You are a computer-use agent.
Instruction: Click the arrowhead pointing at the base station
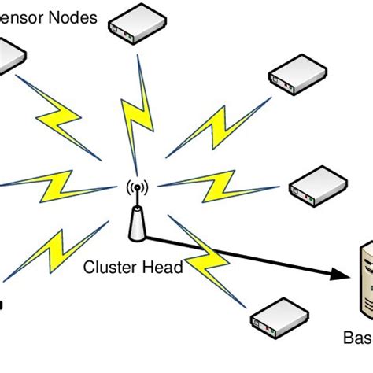pyautogui.click(x=340, y=275)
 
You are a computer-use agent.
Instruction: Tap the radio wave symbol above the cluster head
pyautogui.click(x=137, y=189)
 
